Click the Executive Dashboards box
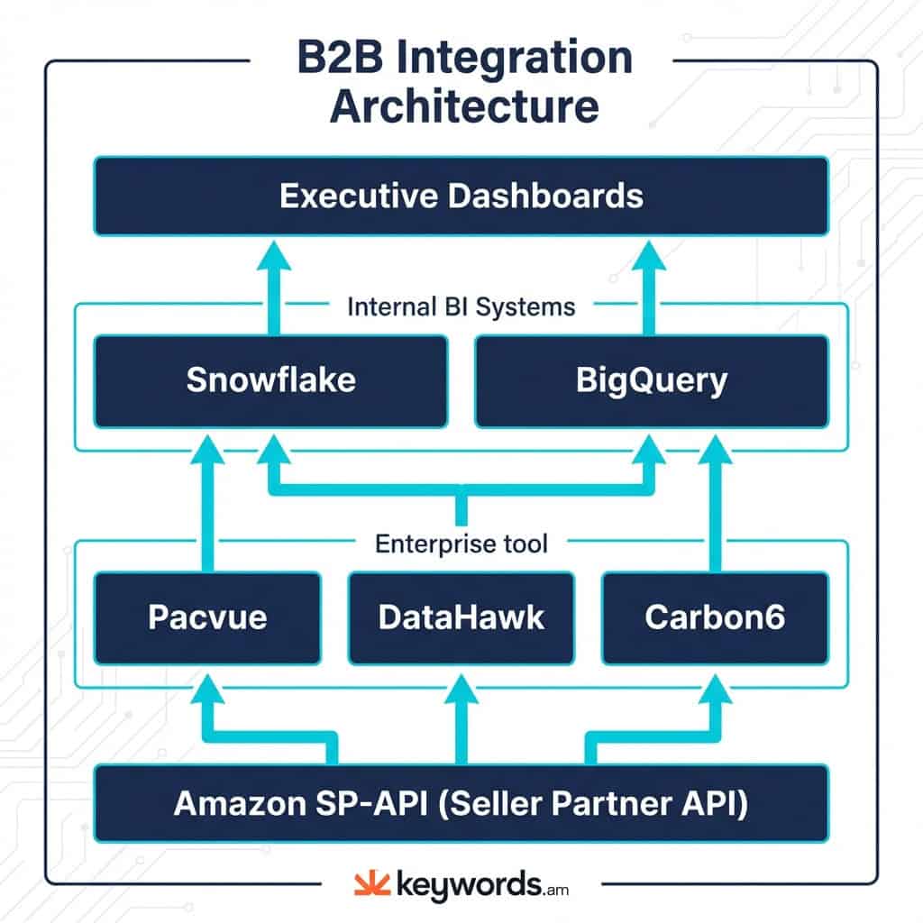461,196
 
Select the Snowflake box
270,380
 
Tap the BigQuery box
651,380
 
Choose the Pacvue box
207,617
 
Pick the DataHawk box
461,617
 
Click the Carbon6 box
715,617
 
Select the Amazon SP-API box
461,804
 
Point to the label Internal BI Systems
461,306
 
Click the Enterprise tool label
461,544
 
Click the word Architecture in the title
463,106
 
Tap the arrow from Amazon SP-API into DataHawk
461,721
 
